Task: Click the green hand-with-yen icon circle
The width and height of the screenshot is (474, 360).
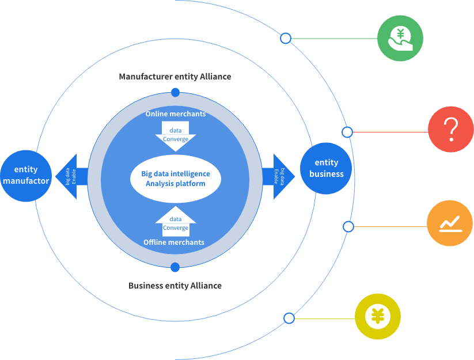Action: [400, 39]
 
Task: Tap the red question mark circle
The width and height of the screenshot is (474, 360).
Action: [451, 130]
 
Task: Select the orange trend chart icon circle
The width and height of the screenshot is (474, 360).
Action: [450, 223]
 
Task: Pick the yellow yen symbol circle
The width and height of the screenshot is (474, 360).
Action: [377, 316]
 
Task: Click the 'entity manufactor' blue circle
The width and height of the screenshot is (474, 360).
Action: [25, 175]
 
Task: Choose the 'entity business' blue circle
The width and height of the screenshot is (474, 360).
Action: [326, 168]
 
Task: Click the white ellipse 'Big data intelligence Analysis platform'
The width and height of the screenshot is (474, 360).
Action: [176, 179]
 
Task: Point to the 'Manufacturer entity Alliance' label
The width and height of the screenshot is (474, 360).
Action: [175, 76]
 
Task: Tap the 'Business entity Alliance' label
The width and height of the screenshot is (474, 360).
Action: [175, 286]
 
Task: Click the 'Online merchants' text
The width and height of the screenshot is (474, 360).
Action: [175, 114]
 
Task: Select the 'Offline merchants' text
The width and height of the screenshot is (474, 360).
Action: [174, 242]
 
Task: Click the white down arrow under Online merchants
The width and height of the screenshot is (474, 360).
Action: [176, 136]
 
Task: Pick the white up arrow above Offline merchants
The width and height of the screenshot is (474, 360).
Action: [176, 222]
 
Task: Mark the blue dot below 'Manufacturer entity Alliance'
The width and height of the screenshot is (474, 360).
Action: [175, 92]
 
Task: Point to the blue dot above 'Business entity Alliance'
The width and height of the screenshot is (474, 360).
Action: [175, 267]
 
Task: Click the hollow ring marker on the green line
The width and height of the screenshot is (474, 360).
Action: [286, 39]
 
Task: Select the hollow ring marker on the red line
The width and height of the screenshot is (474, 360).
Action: [347, 132]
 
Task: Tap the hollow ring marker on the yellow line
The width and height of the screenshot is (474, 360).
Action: [289, 318]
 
